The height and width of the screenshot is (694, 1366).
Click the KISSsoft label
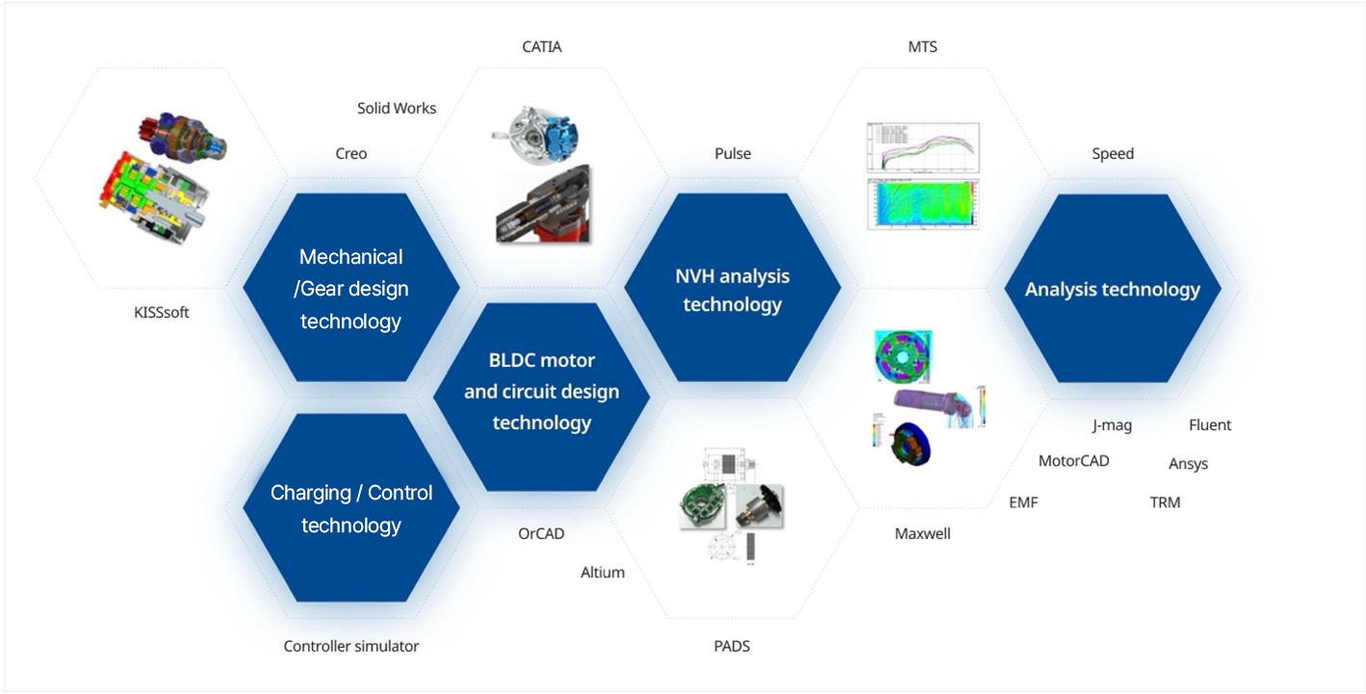[161, 313]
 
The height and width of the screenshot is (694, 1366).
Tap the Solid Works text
[397, 108]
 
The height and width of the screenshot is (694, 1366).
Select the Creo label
[351, 154]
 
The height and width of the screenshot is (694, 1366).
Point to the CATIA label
[541, 46]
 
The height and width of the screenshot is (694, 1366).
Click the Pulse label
[733, 154]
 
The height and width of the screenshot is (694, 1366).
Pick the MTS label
[922, 46]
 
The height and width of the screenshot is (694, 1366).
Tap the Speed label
[1113, 154]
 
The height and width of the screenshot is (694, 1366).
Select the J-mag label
[1112, 424]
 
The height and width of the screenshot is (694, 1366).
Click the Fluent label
[1210, 424]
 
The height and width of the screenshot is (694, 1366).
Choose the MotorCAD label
[1073, 461]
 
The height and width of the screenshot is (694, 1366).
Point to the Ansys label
[1188, 464]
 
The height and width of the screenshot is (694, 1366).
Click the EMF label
[1023, 502]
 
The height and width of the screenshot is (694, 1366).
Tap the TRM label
[1165, 502]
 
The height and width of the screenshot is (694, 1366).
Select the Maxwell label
[922, 533]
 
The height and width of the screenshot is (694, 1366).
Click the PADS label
[733, 647]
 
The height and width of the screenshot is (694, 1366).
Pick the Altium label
[603, 573]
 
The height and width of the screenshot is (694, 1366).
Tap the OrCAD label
[541, 533]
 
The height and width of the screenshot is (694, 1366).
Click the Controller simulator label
[351, 647]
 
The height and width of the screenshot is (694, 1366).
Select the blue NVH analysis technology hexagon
[733, 289]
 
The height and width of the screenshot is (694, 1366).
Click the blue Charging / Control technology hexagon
[351, 508]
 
